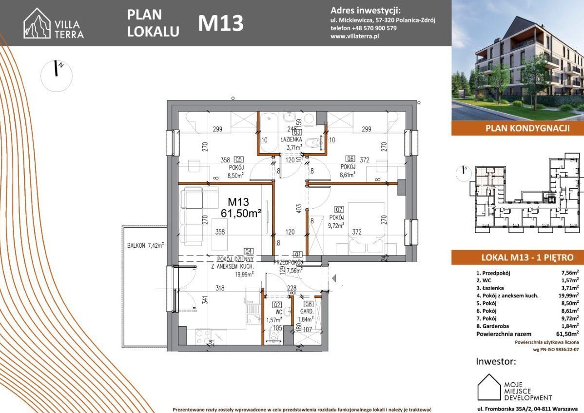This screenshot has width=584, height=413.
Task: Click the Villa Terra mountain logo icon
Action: coord(37,23)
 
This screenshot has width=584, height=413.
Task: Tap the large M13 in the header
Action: coord(220,23)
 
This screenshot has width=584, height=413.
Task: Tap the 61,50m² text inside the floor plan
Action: coord(241,213)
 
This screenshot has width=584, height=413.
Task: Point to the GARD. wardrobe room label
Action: coord(306,311)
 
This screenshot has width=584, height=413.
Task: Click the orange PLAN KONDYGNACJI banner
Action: coord(517,129)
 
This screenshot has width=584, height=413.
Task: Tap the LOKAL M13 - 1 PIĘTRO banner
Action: coord(517,257)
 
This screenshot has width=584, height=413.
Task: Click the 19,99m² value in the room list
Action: coord(569,296)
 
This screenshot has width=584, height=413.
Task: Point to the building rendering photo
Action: coord(517,61)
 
